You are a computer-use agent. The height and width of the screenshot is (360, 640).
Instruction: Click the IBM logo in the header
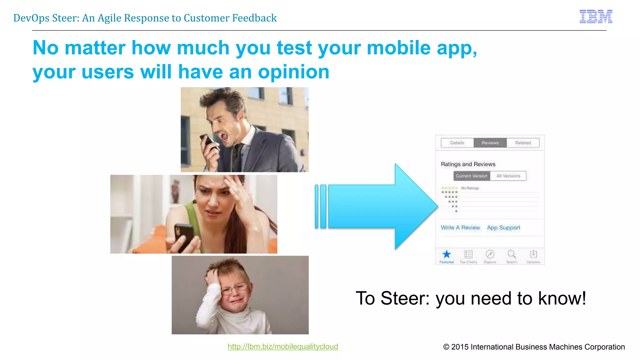[596, 17]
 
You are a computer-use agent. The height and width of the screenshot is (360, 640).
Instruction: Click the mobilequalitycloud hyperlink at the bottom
[282, 347]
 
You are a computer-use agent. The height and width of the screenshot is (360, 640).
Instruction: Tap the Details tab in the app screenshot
[457, 143]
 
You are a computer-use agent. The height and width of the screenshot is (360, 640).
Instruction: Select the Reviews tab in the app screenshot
[490, 143]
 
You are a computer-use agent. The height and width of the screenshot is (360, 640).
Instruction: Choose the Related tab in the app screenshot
[523, 143]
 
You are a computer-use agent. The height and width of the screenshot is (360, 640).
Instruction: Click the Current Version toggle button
[472, 176]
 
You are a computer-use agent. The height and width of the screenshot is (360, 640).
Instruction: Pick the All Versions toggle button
[508, 176]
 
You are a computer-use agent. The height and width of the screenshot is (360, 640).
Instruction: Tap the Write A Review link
[460, 227]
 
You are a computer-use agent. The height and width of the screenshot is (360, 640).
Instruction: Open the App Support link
[503, 227]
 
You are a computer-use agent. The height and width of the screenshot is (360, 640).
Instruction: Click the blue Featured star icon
[447, 254]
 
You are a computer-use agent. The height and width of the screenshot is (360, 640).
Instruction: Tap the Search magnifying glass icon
[511, 254]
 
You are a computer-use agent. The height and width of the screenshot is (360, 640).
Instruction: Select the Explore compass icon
[490, 254]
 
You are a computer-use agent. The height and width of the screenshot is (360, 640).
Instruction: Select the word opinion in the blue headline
[293, 72]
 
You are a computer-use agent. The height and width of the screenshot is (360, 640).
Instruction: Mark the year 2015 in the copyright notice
[460, 347]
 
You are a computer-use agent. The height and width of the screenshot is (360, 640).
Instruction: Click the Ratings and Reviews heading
[468, 164]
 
